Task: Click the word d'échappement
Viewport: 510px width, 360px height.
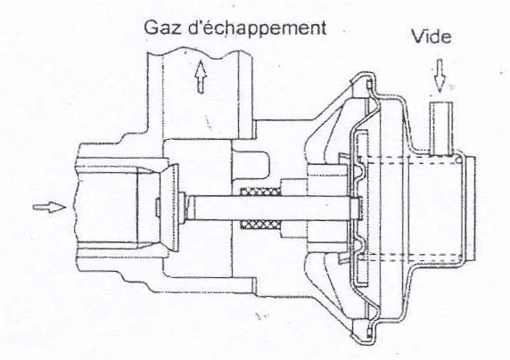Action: (258, 29)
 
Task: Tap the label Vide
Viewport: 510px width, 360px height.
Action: (432, 37)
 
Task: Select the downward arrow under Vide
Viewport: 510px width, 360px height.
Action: (440, 76)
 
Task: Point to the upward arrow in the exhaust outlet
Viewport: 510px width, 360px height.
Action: (201, 77)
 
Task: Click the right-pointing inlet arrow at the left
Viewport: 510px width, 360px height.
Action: (49, 207)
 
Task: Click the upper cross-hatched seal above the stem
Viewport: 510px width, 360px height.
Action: (260, 192)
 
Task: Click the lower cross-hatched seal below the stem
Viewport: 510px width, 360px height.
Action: (260, 224)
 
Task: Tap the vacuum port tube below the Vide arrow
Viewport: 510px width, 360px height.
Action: (440, 128)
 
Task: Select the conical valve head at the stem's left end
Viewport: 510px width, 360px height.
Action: (169, 208)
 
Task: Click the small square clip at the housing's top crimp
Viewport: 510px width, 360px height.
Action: (369, 85)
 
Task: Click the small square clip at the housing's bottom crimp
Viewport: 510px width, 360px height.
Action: (369, 332)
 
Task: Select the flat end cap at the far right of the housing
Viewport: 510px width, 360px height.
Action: (470, 208)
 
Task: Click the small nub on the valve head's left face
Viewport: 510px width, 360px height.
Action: (156, 207)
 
